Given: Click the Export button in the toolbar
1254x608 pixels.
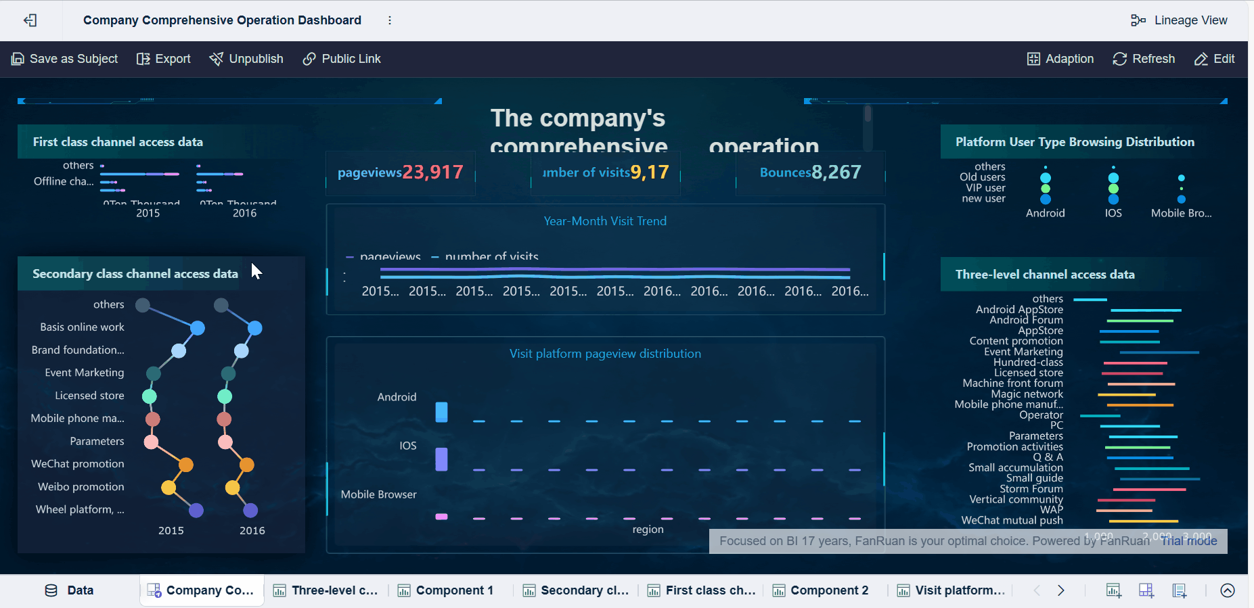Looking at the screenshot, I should pos(164,59).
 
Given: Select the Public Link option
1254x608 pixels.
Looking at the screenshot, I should pos(342,59).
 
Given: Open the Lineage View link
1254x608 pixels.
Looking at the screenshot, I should pos(1179,20).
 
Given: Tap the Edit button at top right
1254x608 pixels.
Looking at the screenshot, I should pos(1215,59).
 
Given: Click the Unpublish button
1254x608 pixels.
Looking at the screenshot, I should pos(246,59).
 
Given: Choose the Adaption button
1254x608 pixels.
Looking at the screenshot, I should pos(1060,59).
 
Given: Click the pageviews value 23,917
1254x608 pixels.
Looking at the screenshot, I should pos(432,172).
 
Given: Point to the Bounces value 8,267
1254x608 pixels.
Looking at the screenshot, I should pos(836,172).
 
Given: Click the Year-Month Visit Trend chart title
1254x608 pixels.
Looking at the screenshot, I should pos(605,221).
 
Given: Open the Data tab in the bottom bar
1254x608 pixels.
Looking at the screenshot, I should pos(70,590).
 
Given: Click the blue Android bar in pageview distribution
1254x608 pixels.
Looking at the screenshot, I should pos(441,411).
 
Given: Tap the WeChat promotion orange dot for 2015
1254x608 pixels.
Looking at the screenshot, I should pos(186,465).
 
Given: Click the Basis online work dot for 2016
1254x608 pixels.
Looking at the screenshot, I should pos(255,328).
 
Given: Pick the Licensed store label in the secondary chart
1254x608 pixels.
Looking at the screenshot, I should pos(89,396).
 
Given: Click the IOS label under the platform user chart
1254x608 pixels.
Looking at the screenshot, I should pos(1113,213).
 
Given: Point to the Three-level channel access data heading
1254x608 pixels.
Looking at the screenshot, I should pos(1045,275).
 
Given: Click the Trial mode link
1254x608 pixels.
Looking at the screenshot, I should pos(1189,541).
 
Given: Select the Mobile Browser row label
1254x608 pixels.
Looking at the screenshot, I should pos(378,494).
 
